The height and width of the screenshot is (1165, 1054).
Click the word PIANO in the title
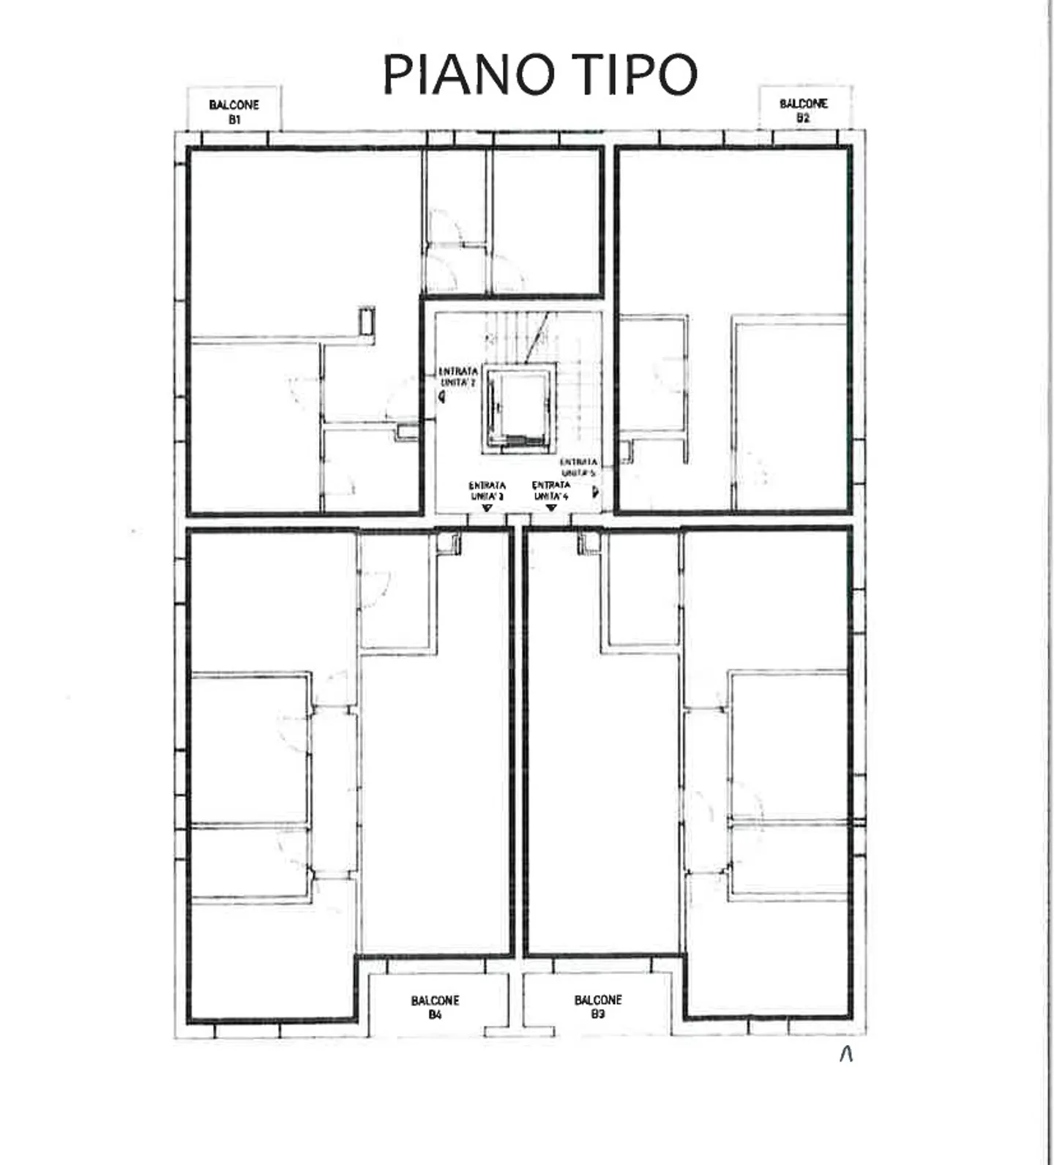click(x=468, y=74)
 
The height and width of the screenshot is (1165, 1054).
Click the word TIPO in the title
click(x=635, y=74)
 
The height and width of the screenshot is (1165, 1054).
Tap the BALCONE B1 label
click(x=233, y=112)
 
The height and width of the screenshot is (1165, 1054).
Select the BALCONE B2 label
click(x=803, y=110)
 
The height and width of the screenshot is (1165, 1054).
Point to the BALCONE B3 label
click(x=598, y=1006)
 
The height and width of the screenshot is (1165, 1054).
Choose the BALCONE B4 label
click(x=435, y=1007)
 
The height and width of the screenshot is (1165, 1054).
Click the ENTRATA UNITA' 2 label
click(x=458, y=377)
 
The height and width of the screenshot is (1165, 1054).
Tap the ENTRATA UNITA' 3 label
click(x=487, y=490)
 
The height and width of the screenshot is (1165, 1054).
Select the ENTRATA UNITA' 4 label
click(x=551, y=490)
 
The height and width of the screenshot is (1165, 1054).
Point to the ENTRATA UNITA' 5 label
click(x=578, y=468)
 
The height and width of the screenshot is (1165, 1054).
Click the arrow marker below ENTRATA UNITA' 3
click(x=487, y=507)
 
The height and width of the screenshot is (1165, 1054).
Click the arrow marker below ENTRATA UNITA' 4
click(x=552, y=507)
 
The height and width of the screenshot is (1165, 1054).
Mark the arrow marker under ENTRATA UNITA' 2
click(x=442, y=396)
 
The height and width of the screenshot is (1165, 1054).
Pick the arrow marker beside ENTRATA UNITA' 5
click(x=596, y=491)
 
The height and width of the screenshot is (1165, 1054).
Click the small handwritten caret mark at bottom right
click(x=846, y=1054)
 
